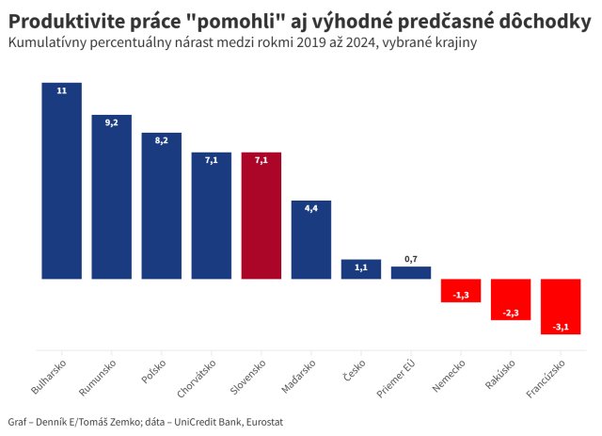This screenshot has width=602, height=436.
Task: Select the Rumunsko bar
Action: (111, 197)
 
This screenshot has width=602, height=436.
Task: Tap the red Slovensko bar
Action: (261, 216)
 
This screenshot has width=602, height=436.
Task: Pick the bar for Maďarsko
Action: (310, 239)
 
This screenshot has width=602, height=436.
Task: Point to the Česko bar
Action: (361, 269)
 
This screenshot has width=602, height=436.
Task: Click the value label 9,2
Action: (111, 123)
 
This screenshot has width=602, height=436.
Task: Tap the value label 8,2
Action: (161, 139)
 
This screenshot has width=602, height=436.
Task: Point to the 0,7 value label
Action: (411, 258)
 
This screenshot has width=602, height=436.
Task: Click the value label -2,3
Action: (511, 313)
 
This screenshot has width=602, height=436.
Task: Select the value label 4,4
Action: (310, 208)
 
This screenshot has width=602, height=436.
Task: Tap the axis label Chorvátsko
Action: (198, 376)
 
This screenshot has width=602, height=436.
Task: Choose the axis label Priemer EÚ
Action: (398, 376)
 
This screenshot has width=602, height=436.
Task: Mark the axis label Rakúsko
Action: (500, 374)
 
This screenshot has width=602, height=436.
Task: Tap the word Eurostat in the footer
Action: (260, 422)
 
